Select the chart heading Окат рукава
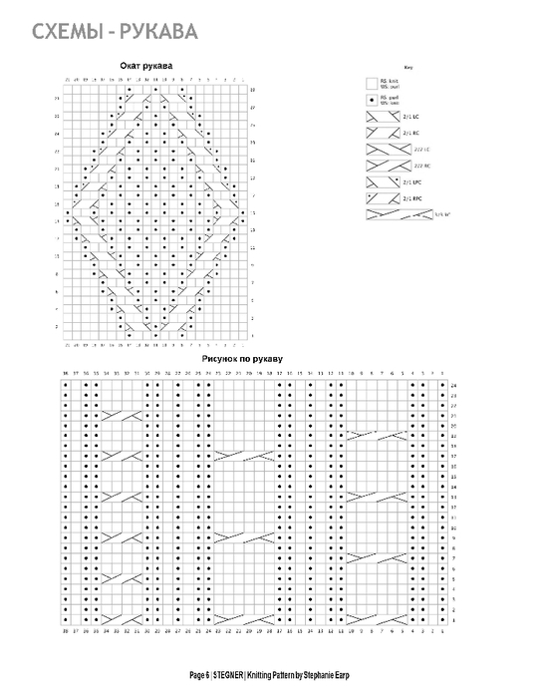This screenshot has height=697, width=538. pyautogui.click(x=145, y=66)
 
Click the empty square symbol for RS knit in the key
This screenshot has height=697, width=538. pyautogui.click(x=373, y=83)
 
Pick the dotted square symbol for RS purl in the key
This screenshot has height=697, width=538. pyautogui.click(x=373, y=100)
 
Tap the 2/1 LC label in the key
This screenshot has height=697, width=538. pyautogui.click(x=408, y=116)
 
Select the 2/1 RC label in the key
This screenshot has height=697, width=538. pyautogui.click(x=408, y=132)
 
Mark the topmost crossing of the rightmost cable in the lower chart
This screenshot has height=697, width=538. pyautogui.click(x=378, y=435)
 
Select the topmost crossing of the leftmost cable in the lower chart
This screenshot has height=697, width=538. pyautogui.click(x=121, y=414)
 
